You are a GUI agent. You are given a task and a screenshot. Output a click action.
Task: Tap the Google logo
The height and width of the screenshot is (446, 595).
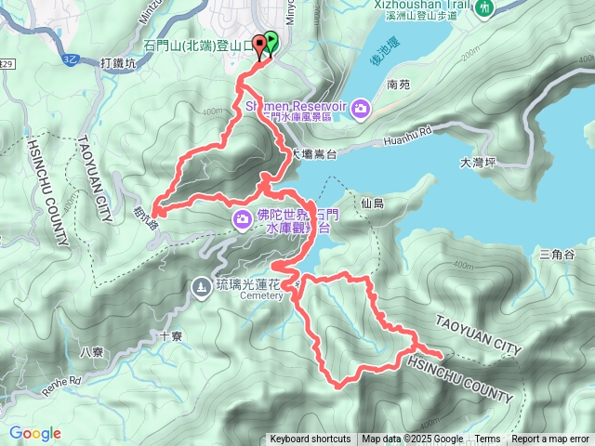tap(35, 433)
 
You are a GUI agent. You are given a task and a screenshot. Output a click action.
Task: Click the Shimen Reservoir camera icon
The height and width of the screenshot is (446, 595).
tap(361, 109)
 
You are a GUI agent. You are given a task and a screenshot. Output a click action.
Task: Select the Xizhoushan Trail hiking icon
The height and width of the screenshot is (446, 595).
tap(485, 8)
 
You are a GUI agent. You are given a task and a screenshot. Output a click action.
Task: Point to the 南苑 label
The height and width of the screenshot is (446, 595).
tap(397, 84)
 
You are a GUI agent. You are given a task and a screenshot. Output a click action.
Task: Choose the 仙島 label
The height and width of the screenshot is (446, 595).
tap(371, 202)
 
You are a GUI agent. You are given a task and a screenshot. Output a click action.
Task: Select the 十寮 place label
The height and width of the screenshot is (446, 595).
tap(170, 337)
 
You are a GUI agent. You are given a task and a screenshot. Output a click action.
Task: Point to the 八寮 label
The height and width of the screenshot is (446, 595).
tap(92, 351)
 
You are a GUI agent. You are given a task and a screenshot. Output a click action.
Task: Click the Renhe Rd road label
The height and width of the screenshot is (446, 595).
tap(61, 380)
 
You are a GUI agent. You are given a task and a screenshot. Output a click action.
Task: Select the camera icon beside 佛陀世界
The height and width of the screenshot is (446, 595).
tap(242, 217)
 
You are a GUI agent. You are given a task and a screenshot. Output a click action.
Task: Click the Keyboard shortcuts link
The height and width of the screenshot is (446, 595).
tap(310, 439)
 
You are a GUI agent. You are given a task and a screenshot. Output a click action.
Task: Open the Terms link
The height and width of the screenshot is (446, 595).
tap(487, 439)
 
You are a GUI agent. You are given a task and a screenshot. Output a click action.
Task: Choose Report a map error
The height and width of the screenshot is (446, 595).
tap(551, 439)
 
